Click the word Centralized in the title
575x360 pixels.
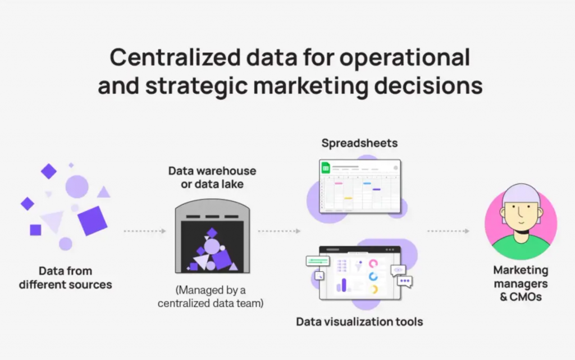(x=175, y=57)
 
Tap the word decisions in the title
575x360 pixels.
(x=428, y=85)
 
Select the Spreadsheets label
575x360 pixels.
(x=359, y=143)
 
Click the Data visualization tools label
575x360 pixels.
(x=359, y=321)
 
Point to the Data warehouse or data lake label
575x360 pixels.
(x=212, y=177)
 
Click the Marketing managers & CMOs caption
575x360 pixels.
(x=521, y=284)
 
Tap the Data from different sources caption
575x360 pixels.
(x=66, y=277)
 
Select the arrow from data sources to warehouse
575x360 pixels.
(x=145, y=231)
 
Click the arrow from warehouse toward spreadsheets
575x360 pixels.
(x=279, y=231)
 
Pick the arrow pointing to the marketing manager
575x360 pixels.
(x=448, y=231)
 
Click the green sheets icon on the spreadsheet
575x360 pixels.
(x=326, y=168)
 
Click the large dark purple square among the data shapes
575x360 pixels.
(x=93, y=221)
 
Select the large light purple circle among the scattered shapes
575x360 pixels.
(x=77, y=186)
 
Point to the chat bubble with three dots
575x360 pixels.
(x=405, y=281)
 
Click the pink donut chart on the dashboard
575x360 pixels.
(x=373, y=264)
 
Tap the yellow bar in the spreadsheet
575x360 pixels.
(x=348, y=198)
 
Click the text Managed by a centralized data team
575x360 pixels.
(x=211, y=297)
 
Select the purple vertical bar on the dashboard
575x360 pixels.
(x=344, y=285)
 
